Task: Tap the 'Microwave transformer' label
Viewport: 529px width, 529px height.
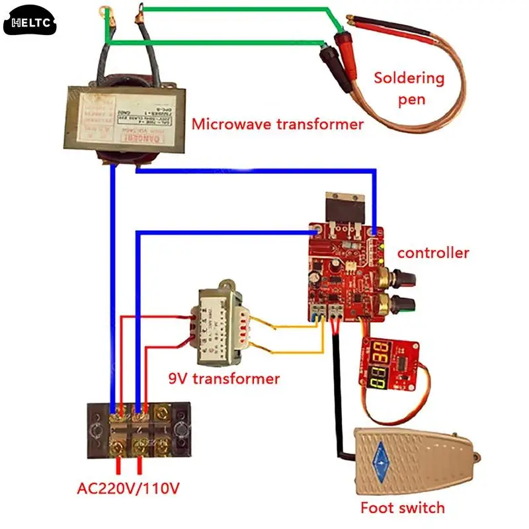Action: click(277, 124)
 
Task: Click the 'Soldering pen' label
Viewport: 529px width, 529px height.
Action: click(409, 88)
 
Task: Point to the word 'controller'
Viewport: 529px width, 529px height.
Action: click(433, 253)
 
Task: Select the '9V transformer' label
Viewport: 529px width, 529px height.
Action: click(223, 379)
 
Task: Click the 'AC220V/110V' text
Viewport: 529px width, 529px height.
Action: click(128, 489)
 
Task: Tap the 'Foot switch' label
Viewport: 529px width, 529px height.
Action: click(402, 508)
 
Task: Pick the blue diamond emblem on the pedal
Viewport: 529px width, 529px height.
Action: click(380, 456)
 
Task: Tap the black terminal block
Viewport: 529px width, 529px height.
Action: click(140, 430)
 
